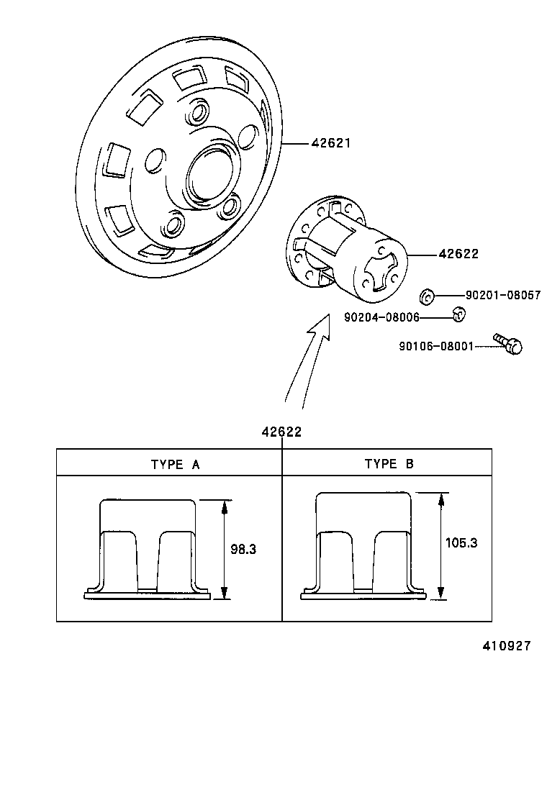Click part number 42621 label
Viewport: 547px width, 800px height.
click(x=330, y=143)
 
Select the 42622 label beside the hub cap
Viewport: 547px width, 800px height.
click(x=458, y=254)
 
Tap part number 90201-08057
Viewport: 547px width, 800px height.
click(x=502, y=295)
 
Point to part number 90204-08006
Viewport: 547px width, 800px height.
click(x=381, y=317)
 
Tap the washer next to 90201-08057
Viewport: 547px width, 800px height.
click(x=426, y=294)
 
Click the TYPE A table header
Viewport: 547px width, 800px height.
click(x=174, y=464)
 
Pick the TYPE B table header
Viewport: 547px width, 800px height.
click(x=389, y=464)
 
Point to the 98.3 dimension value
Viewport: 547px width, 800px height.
click(x=243, y=549)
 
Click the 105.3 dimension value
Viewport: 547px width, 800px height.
click(x=461, y=543)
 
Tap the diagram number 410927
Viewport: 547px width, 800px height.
click(x=506, y=646)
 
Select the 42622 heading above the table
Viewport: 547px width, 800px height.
click(x=281, y=432)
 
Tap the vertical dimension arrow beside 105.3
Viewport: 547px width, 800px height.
click(x=440, y=545)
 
